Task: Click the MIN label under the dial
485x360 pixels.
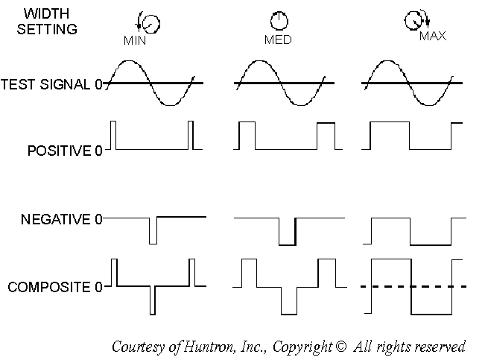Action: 135,41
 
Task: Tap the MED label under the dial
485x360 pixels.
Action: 278,40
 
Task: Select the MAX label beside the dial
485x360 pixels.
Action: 433,36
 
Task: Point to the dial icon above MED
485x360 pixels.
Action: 278,21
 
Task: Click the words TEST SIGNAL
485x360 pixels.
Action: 46,83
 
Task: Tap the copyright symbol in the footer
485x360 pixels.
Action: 341,347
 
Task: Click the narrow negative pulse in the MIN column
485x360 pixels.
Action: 153,230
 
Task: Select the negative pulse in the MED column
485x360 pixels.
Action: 287,231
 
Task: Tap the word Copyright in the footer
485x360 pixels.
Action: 303,347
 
